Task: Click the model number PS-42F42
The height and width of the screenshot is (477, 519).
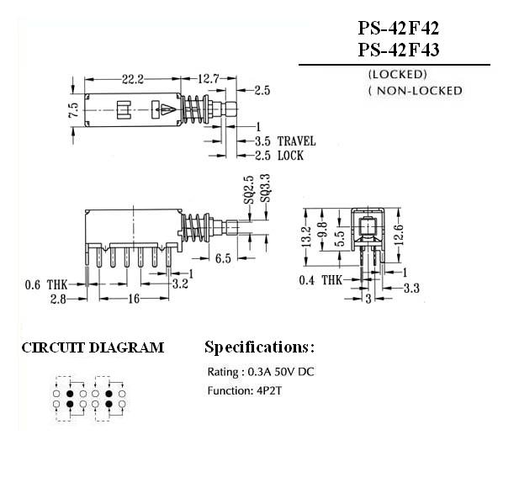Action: pos(398,29)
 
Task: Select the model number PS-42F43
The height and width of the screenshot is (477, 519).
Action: pos(398,50)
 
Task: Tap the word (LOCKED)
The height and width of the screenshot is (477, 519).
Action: pos(397,74)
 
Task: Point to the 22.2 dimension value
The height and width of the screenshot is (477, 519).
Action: pos(133,79)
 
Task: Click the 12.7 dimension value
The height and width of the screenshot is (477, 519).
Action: pos(209,79)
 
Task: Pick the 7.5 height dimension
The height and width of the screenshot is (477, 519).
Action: pos(73,110)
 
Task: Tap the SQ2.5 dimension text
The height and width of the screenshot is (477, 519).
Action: pos(249,189)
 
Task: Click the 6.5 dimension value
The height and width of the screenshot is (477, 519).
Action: pos(223,258)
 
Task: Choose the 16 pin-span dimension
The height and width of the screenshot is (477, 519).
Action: pos(133,299)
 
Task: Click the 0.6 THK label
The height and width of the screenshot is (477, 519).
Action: pos(46,284)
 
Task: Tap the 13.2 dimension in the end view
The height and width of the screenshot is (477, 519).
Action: pos(307,231)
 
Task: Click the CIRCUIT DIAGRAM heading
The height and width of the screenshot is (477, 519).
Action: pos(93,347)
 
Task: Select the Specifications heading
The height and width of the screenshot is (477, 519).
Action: pos(260,347)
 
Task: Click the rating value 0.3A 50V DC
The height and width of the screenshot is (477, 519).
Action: pos(277,371)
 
